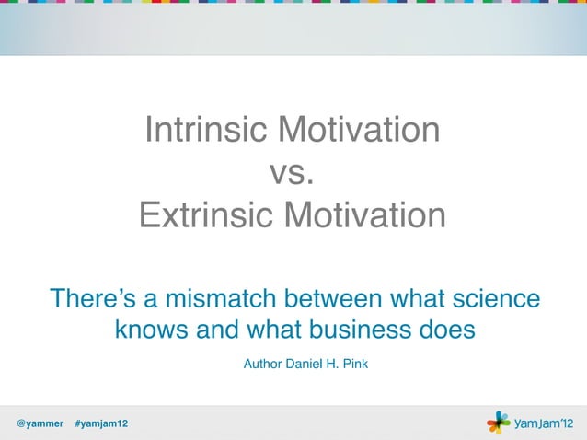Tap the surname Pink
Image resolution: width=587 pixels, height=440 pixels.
(355, 365)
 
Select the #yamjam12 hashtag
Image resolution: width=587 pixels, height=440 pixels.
(101, 423)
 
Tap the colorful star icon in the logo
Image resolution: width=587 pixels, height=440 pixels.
(498, 423)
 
